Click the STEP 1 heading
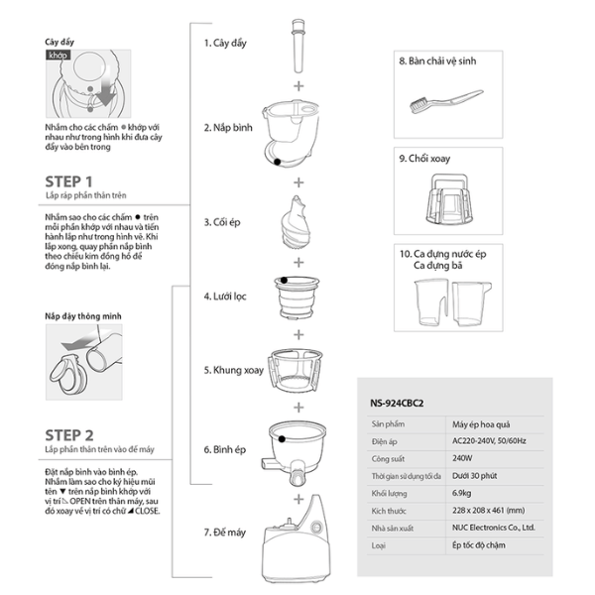69,181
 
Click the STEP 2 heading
69,434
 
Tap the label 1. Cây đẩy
227,44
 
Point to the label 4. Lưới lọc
227,296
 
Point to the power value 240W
455,459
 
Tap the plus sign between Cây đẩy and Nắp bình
297,85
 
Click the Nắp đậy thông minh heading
81,319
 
